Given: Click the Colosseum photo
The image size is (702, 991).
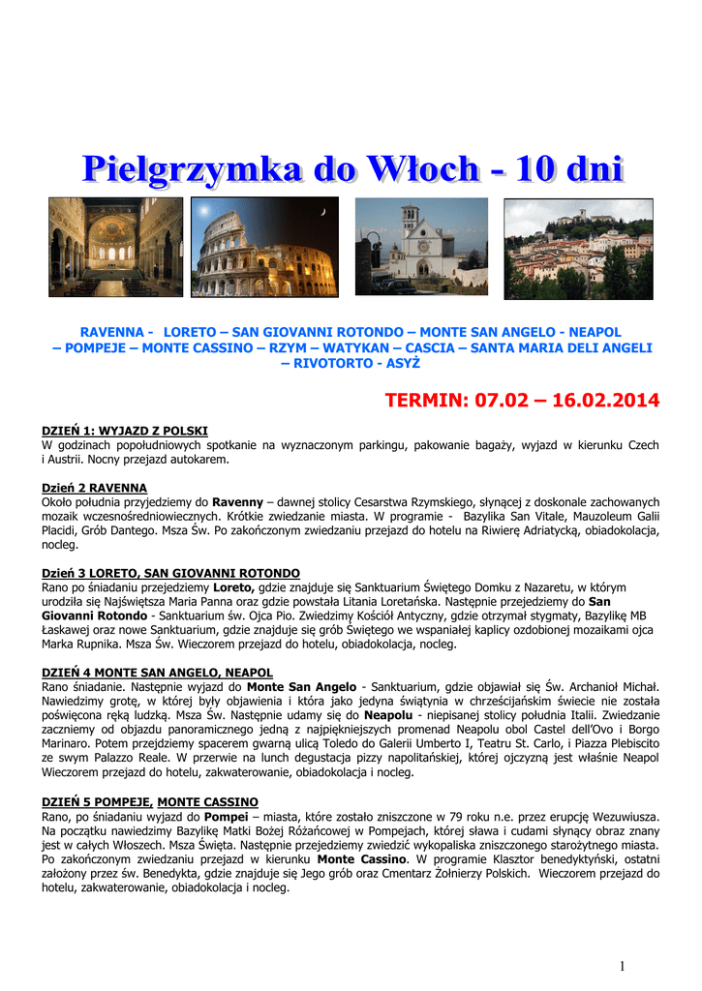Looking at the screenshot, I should [264, 247].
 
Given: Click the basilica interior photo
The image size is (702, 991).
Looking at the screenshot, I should [115, 247].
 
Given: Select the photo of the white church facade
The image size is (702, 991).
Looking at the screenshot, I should [421, 247].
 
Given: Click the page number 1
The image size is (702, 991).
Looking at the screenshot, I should [623, 966].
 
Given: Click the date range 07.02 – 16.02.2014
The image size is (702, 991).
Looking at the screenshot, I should [565, 400].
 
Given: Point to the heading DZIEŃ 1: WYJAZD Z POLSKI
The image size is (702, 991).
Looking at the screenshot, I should [125, 431].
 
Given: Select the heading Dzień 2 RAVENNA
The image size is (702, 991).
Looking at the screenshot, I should [95, 489].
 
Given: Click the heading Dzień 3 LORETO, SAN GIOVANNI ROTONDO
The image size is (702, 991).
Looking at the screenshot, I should [170, 574].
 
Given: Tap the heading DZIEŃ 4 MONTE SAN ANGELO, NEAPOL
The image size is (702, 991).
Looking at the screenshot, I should [157, 672].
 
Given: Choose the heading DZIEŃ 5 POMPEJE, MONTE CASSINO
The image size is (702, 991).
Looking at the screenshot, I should [150, 802].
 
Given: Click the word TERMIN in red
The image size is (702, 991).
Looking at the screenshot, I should [423, 400].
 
